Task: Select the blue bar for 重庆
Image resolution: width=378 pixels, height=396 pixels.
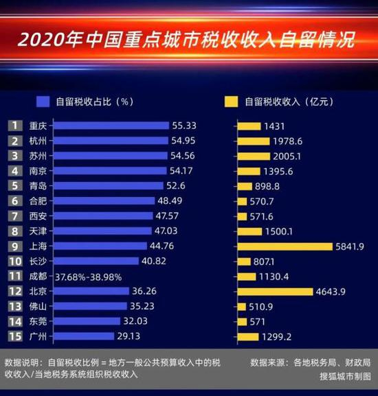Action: coord(111,126)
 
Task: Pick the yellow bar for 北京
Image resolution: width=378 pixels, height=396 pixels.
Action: coord(274,291)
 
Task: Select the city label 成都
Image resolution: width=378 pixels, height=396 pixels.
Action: coord(38,276)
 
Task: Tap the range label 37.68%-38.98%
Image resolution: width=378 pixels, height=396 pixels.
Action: coord(88,276)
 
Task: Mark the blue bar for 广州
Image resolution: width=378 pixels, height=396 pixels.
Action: coord(83,336)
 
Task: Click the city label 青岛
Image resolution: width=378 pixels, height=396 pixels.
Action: coord(38,185)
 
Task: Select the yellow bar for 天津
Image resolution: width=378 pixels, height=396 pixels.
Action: coord(249,231)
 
